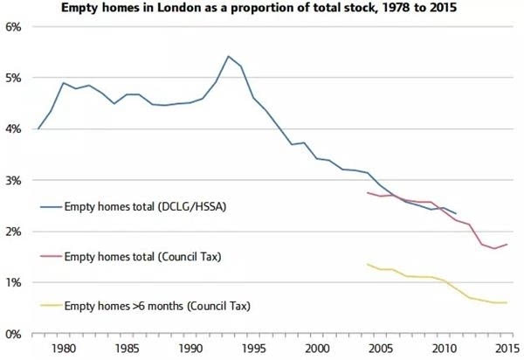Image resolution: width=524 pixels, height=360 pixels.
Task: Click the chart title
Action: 259,7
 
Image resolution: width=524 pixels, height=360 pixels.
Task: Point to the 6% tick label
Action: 13,27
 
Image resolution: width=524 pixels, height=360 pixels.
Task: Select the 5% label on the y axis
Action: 13,79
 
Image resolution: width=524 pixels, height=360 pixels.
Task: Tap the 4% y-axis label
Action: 13,129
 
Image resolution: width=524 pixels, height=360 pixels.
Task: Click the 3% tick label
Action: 13,181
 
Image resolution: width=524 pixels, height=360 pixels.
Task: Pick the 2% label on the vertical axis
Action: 13,232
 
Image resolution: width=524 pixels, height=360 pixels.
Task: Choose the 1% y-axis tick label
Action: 13,283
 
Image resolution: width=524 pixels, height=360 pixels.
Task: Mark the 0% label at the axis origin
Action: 13,334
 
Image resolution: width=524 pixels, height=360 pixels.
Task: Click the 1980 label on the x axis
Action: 64,349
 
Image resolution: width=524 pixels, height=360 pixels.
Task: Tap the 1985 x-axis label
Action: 128,349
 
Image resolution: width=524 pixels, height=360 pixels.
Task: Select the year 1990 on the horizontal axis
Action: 190,349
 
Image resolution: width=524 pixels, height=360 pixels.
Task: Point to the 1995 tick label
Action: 254,349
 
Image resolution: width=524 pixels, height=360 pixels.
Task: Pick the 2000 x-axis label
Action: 318,349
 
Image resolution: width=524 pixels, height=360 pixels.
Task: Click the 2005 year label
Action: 380,349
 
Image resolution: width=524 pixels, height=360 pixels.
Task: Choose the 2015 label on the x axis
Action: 507,349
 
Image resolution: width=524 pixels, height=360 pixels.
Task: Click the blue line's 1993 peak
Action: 228,56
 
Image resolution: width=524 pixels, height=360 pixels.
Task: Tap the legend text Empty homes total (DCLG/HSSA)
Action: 145,206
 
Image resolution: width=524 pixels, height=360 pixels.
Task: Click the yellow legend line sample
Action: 52,305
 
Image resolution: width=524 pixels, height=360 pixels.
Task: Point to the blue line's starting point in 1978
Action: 38,128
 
